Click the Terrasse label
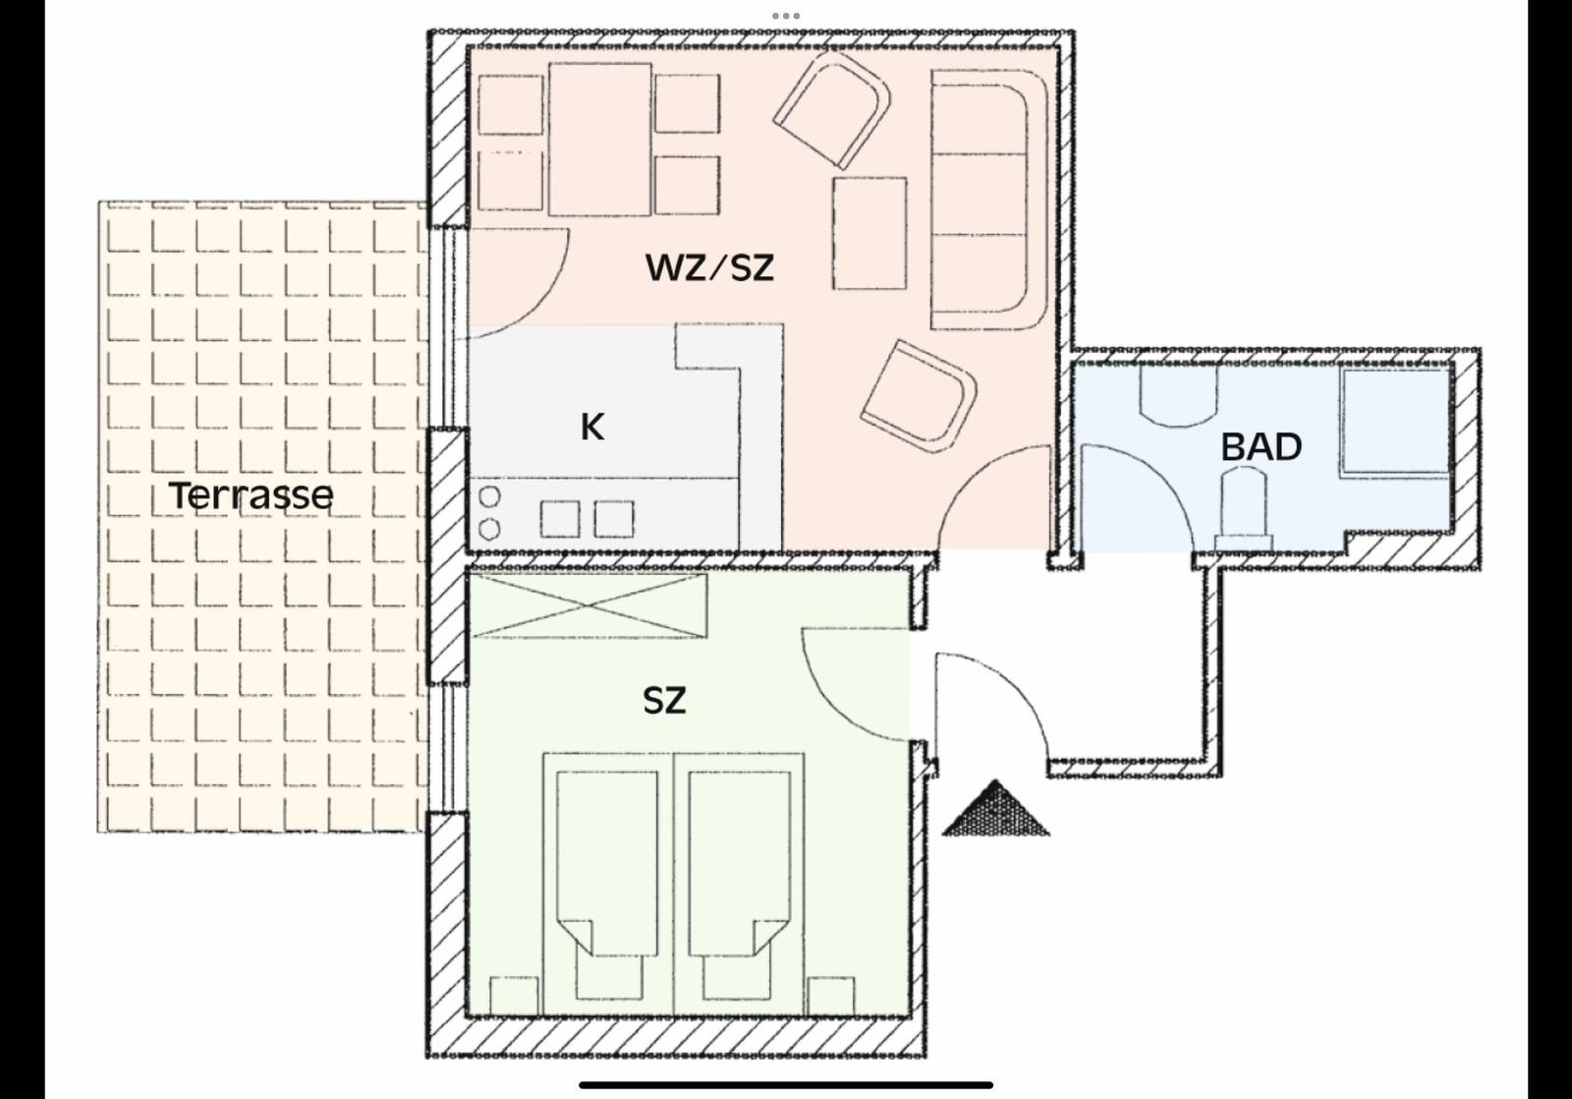point(252,495)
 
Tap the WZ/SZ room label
point(708,267)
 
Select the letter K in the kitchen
point(592,427)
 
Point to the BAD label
point(1262,447)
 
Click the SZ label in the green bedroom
point(664,700)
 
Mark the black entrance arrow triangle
point(995,809)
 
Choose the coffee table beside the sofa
point(870,233)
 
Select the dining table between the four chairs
point(600,139)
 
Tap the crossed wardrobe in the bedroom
point(589,607)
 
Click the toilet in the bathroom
point(1243,509)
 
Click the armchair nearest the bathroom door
point(919,397)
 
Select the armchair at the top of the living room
point(832,110)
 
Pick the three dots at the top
point(785,16)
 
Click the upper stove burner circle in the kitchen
point(489,497)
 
